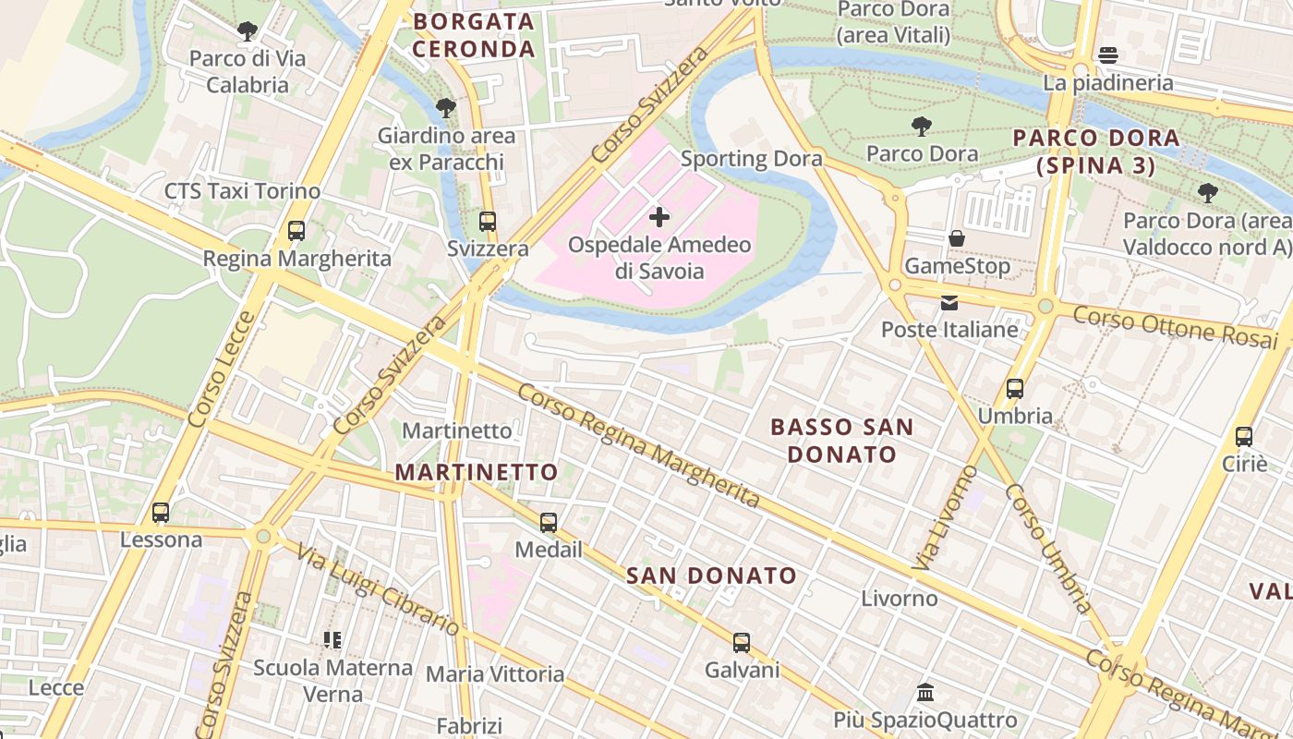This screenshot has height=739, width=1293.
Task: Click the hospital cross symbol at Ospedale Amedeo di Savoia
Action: [x=659, y=217]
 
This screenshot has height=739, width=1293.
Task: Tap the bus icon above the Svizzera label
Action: [x=487, y=222]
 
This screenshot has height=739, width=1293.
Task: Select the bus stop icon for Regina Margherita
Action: [x=296, y=231]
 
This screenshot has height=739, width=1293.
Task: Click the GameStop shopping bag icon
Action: [x=957, y=238]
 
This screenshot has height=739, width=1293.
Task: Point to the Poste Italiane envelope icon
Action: [x=949, y=302]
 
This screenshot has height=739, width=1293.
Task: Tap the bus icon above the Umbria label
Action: [x=1015, y=389]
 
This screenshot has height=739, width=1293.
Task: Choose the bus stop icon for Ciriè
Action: [x=1244, y=437]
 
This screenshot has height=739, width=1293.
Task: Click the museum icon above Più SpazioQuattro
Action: [x=925, y=692]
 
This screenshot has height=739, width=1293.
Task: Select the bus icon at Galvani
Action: [x=742, y=643]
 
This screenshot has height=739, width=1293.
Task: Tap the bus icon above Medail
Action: [x=549, y=523]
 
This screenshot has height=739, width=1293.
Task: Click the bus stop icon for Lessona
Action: [x=161, y=513]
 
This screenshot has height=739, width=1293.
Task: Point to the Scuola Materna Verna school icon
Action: [x=332, y=639]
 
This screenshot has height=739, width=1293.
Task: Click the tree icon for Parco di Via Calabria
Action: [x=247, y=31]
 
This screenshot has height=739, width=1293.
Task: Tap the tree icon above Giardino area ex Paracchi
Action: [x=446, y=108]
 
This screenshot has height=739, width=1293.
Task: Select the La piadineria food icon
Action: [x=1108, y=55]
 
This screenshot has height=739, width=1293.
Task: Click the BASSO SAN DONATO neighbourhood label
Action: [x=841, y=441]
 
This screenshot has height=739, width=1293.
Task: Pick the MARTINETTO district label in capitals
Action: [x=477, y=472]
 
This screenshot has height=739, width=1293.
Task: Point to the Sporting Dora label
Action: [x=751, y=159]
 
